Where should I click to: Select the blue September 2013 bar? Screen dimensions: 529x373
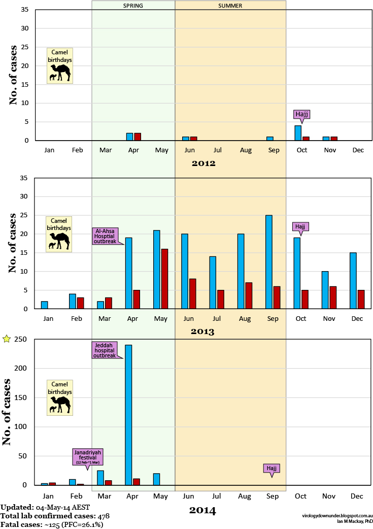pos(269,262)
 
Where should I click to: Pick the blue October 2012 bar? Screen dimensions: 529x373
pos(297,133)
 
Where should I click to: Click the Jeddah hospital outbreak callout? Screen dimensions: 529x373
pos(104,350)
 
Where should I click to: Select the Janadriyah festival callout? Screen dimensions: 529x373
pos(89,457)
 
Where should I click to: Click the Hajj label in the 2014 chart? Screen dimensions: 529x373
pos(272,468)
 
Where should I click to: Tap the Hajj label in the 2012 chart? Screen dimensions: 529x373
pos(301,114)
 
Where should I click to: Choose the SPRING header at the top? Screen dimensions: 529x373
pos(133,6)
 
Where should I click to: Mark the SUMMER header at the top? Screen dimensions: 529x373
pos(230,6)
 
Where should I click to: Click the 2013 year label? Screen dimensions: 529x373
pos(202,332)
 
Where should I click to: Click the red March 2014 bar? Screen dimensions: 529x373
pos(108,482)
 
